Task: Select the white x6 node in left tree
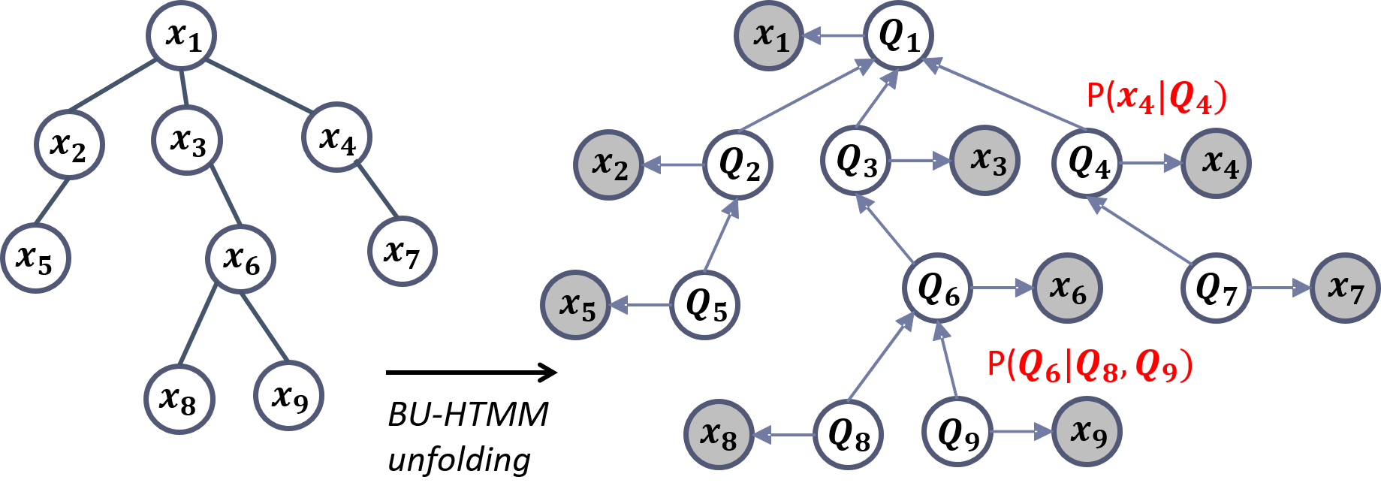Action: point(241,259)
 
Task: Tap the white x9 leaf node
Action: point(289,396)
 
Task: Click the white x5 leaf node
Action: point(35,258)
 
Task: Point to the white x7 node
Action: point(402,251)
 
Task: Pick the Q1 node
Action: point(898,35)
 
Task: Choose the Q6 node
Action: point(938,288)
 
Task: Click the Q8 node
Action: point(849,434)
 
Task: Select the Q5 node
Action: point(705,305)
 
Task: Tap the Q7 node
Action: point(1216,288)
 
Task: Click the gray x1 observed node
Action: point(770,35)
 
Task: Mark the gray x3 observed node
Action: point(986,160)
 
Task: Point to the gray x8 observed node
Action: point(718,435)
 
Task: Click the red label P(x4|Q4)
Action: point(1156,98)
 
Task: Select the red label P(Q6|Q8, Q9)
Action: point(1090,366)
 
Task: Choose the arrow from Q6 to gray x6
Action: point(1002,288)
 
